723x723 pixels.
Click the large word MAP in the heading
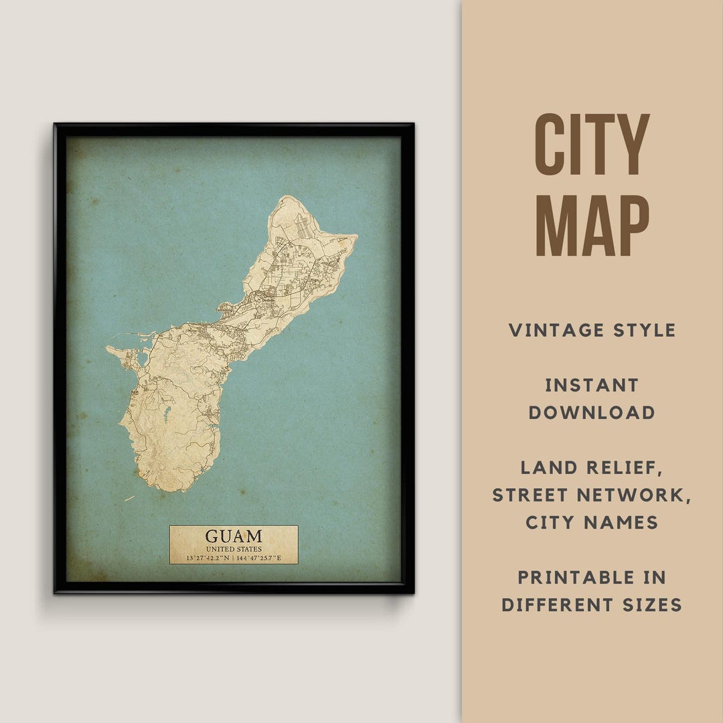tap(592, 226)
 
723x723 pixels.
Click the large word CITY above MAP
tap(592, 145)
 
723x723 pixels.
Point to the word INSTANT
tap(592, 385)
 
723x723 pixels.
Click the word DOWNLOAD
tap(592, 412)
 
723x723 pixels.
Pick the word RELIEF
tap(627, 467)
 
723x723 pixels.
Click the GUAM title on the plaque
tap(234, 536)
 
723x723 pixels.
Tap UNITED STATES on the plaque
tap(234, 549)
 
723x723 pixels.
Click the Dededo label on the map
tap(268, 300)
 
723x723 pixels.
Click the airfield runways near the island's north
tap(303, 228)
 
